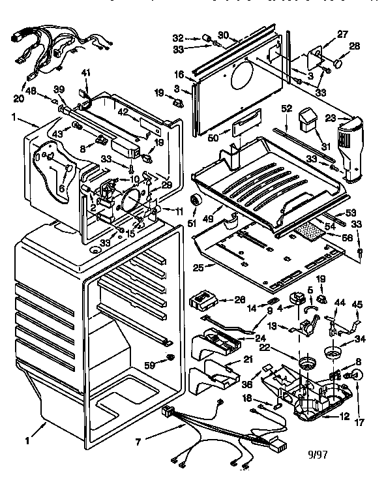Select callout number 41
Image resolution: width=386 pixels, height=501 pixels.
86,72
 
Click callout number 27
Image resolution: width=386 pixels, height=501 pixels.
342,34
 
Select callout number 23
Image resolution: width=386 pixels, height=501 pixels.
329,119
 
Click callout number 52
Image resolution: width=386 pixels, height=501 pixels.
285,108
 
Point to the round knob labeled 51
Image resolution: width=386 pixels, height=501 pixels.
194,200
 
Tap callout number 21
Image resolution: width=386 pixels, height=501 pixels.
248,360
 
